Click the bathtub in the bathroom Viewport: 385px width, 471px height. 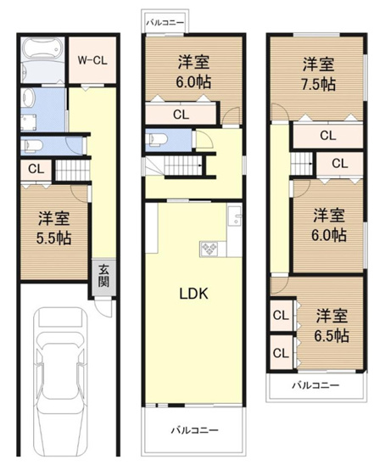pos(40,60)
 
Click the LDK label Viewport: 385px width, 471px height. pos(192,294)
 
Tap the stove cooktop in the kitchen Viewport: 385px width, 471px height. pos(209,249)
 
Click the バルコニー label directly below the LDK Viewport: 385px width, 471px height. pos(194,430)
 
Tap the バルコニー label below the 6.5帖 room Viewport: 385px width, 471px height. pos(315,385)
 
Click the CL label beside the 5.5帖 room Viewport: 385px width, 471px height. pos(35,169)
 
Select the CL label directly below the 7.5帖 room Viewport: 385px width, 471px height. pos(326,135)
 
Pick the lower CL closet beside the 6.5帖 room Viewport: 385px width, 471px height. pos(280,350)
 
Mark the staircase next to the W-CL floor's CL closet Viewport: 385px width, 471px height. pos(72,173)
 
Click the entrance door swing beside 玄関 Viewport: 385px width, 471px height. pos(104,306)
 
